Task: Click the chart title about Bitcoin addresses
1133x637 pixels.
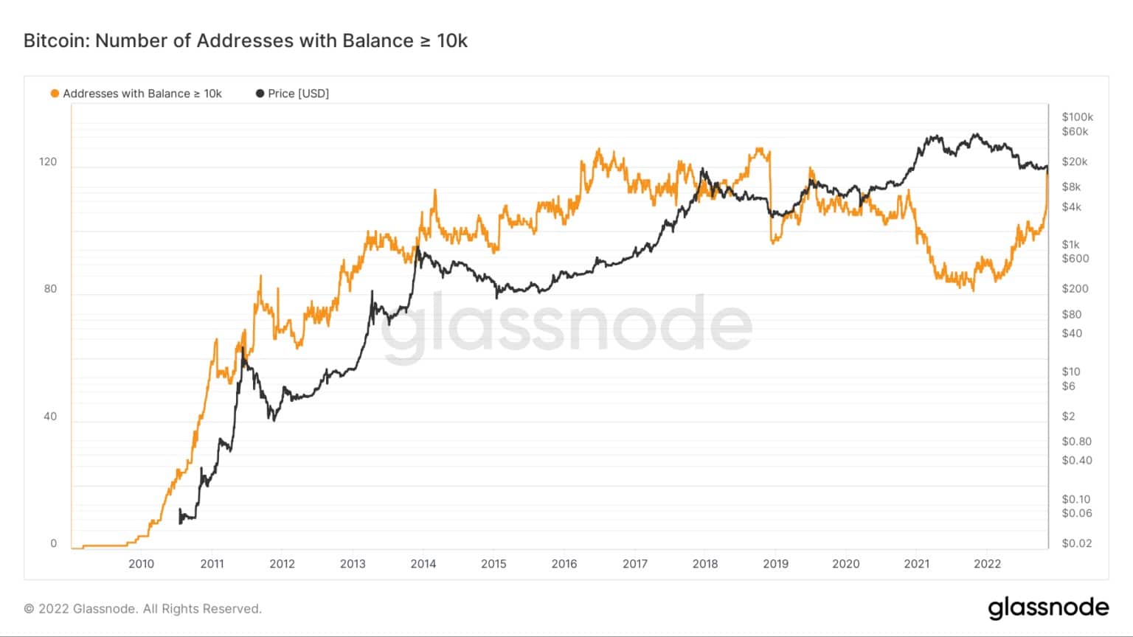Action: [x=245, y=41]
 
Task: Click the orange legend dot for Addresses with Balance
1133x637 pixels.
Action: [x=55, y=94]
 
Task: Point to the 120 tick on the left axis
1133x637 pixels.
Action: [x=48, y=161]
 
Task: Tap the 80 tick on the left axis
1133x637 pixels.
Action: [x=50, y=288]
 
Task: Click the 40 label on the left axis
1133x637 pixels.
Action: [x=50, y=416]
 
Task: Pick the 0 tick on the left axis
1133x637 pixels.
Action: [x=53, y=543]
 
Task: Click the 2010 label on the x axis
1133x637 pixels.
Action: [x=141, y=564]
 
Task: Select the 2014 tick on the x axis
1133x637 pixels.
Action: [x=423, y=564]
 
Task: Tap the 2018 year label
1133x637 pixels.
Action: [x=705, y=564]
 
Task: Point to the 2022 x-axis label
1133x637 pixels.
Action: [x=987, y=564]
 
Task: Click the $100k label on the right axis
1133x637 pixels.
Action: [x=1077, y=116]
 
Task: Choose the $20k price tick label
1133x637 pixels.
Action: [x=1075, y=161]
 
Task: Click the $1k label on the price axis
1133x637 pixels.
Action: [x=1070, y=244]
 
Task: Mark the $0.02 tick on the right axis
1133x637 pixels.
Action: [x=1076, y=543]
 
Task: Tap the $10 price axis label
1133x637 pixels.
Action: [x=1071, y=372]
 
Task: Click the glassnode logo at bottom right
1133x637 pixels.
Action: [x=1048, y=608]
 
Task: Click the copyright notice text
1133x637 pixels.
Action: [x=143, y=609]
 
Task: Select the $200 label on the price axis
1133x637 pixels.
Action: [x=1075, y=288]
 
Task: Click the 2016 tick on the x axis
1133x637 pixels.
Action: [x=564, y=564]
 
